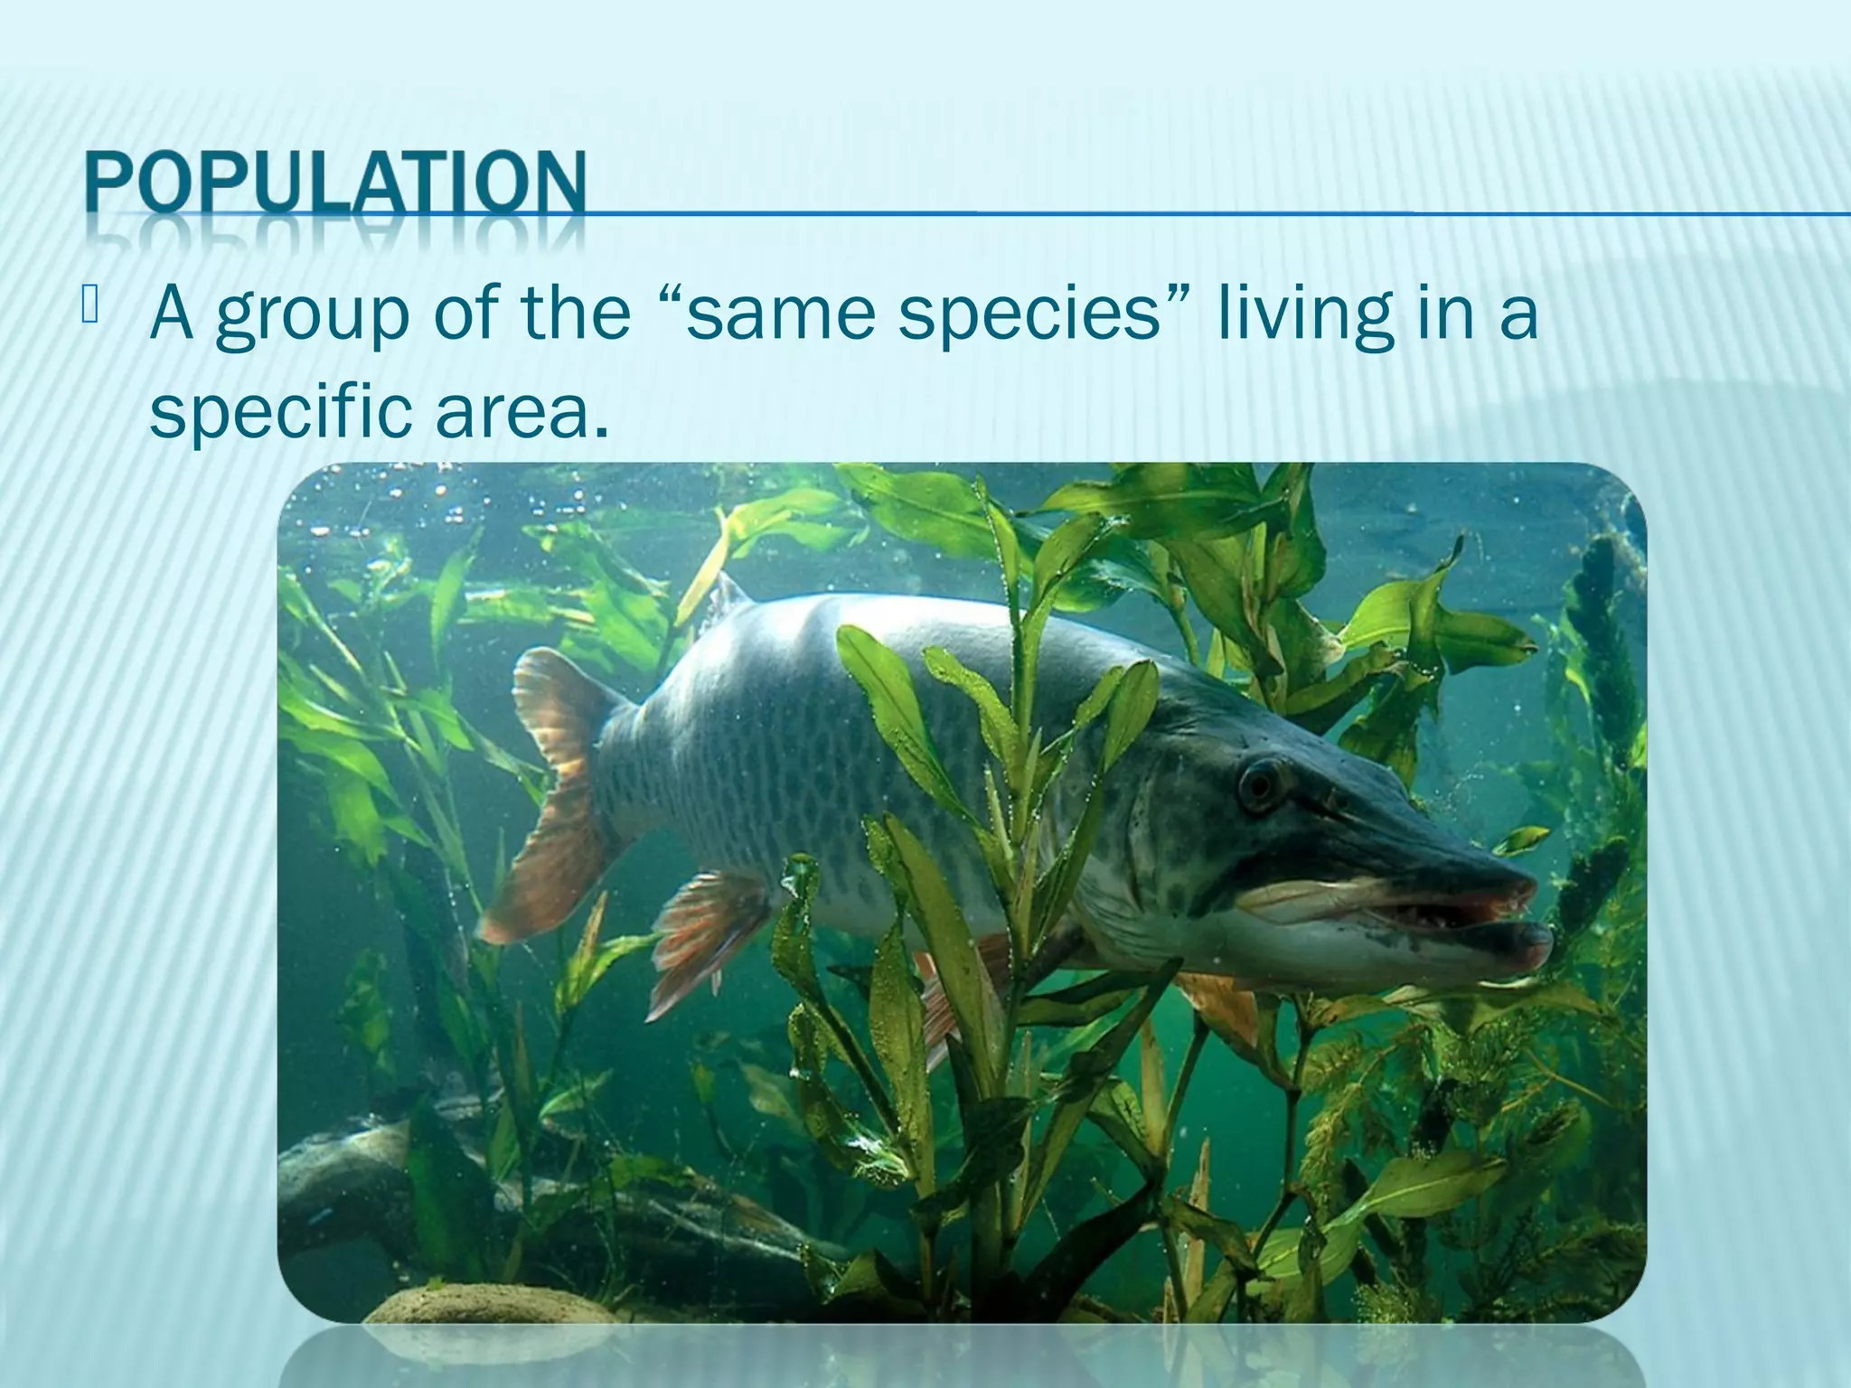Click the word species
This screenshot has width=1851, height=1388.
(1030, 316)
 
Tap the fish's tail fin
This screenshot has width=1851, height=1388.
(551, 795)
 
